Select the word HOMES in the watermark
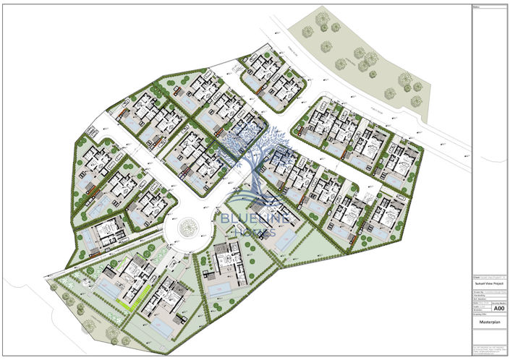click(x=250, y=233)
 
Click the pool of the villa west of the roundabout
click(x=91, y=236)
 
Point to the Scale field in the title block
click(x=477, y=307)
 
